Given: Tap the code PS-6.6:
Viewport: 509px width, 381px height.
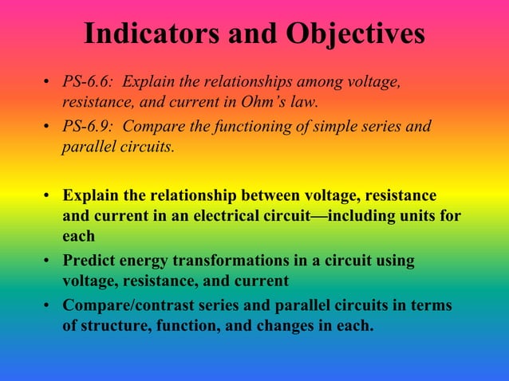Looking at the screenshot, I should (89, 84).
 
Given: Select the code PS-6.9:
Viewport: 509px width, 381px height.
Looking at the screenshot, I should (89, 127).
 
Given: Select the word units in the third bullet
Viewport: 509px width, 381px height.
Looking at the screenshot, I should (411, 216).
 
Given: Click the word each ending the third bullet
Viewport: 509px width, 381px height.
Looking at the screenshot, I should (79, 237).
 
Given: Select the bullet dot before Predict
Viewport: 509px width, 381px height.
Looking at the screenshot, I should (49, 262).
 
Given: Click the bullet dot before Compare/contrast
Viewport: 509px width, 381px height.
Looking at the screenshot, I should (49, 307).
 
